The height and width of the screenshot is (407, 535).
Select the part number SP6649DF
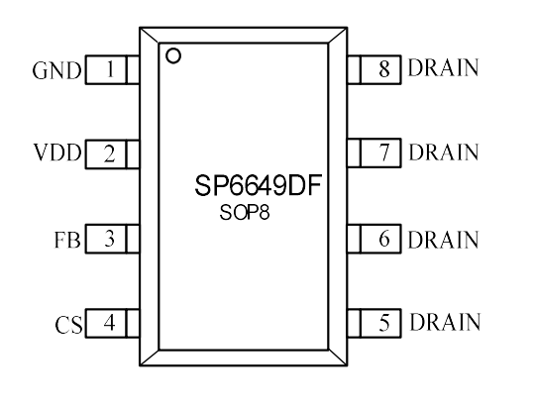[x=259, y=185]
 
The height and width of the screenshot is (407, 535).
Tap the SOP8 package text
[x=245, y=212]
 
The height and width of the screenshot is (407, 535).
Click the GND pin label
[x=57, y=70]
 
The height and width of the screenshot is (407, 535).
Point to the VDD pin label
[x=57, y=153]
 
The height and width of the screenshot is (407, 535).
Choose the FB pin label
[x=67, y=240]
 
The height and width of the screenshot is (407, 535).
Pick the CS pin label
[x=68, y=325]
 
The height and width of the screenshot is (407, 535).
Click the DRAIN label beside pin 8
[x=443, y=67]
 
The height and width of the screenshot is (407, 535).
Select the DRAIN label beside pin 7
[x=444, y=152]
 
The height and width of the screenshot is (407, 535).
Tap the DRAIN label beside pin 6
[x=443, y=240]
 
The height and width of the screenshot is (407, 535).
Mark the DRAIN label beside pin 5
[x=445, y=322]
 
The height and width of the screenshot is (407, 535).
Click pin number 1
[x=110, y=69]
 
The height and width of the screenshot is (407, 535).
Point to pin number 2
[x=109, y=153]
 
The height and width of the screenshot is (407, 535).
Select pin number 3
[x=109, y=239]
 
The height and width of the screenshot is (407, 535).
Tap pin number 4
[x=109, y=323]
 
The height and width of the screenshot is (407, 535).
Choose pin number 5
[x=384, y=323]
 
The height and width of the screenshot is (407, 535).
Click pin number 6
[x=384, y=238]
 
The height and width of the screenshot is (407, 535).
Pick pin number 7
[x=384, y=153]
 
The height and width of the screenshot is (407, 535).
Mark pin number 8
[x=384, y=68]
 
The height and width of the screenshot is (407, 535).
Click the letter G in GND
[x=40, y=71]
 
